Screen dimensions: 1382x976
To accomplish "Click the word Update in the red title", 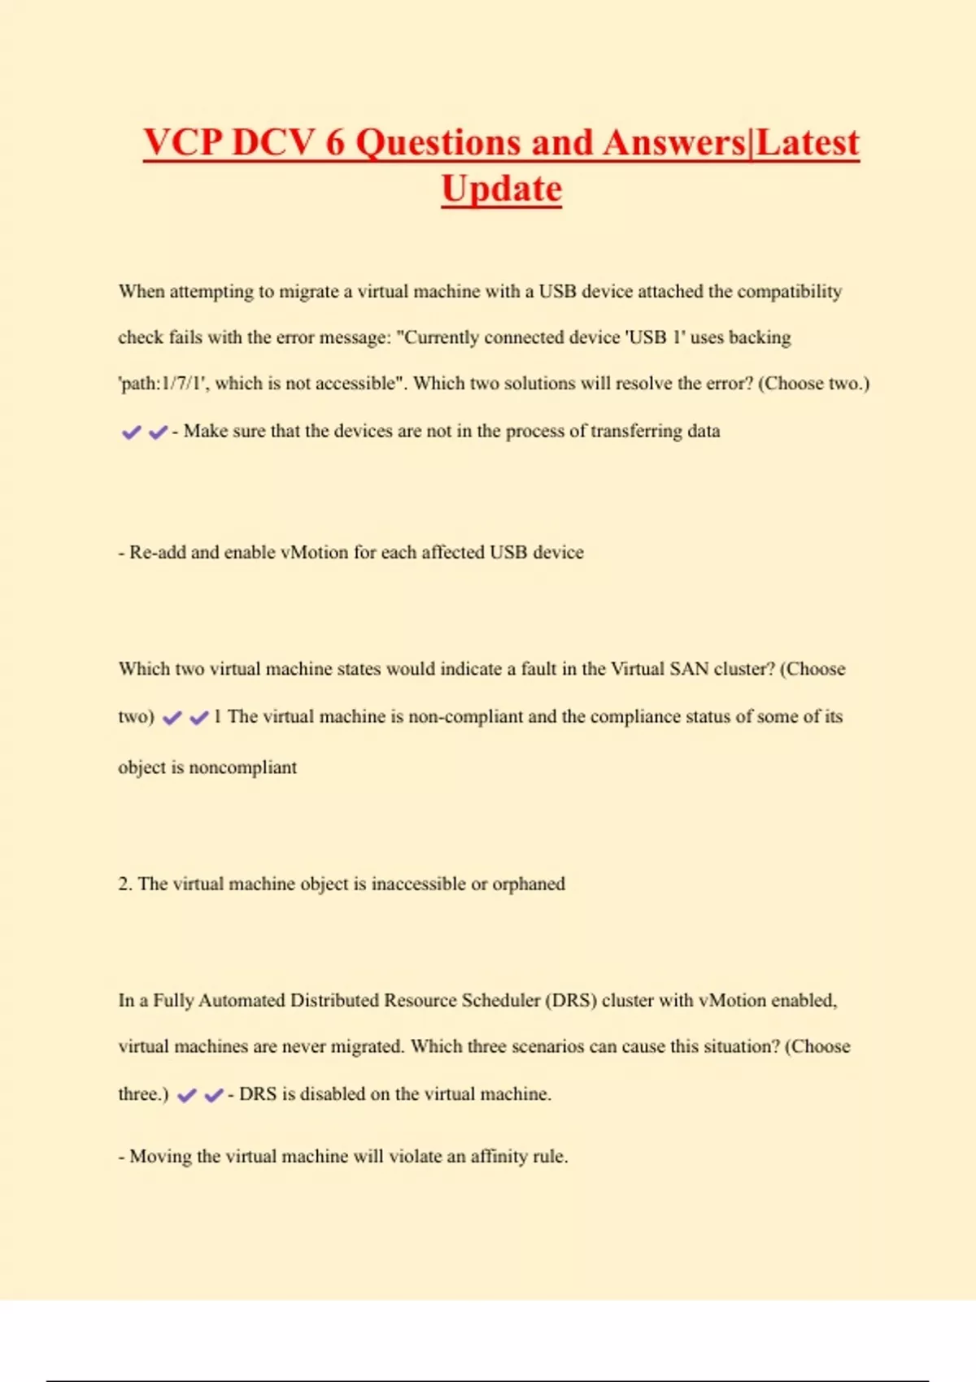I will (501, 189).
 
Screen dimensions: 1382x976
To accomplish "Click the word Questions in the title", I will (438, 142).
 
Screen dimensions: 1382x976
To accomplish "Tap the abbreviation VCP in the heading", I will (183, 142).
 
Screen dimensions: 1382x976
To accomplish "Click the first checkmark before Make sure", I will (131, 432).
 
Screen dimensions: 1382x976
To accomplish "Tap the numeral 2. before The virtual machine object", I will (124, 884).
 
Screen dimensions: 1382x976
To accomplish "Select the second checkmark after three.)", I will (213, 1095).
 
